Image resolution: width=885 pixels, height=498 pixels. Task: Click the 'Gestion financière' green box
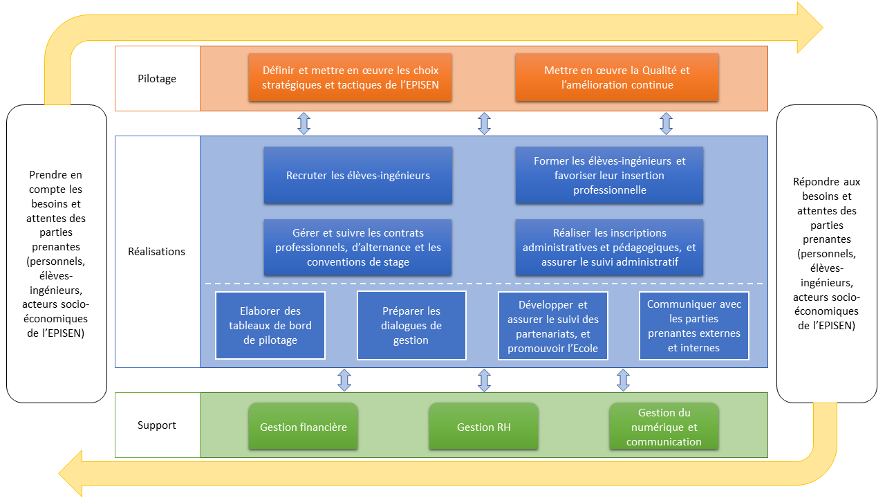point(303,427)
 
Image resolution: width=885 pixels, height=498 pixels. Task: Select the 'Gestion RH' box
point(483,427)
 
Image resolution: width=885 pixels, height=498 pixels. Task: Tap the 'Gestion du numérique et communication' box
point(664,427)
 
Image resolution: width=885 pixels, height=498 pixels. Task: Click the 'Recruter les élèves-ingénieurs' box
point(357,175)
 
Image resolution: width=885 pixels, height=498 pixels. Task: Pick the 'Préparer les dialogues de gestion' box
point(411,325)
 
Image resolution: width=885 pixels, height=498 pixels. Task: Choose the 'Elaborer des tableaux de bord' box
point(270,325)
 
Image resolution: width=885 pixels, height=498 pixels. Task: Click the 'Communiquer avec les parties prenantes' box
point(693,325)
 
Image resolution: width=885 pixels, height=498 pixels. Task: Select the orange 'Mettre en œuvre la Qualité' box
point(617,77)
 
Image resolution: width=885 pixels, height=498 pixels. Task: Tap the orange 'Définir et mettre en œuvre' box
point(351,77)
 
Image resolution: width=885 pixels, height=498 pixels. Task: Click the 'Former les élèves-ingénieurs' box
point(609,175)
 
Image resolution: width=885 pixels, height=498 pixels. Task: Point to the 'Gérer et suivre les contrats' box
point(357,247)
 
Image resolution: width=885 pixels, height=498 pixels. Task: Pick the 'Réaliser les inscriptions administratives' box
point(609,247)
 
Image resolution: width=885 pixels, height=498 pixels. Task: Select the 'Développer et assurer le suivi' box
point(553,325)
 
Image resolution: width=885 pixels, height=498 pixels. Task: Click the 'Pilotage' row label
point(157,78)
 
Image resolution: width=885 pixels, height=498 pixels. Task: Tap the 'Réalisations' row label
point(157,251)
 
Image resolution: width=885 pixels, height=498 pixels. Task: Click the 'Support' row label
point(157,425)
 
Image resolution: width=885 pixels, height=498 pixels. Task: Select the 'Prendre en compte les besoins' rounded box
point(57,254)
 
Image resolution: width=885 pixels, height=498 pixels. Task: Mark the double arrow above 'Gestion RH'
point(484,380)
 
